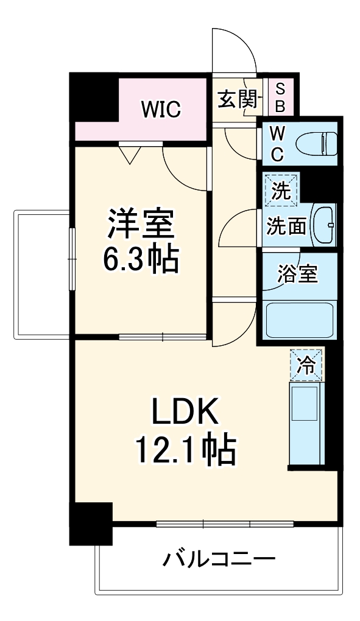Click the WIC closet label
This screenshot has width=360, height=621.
tap(161, 110)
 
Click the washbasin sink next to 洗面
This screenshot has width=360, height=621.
tap(323, 225)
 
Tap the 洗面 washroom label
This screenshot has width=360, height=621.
tap(286, 226)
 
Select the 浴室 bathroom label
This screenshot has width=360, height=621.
tap(298, 274)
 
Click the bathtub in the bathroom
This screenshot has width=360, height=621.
tap(300, 319)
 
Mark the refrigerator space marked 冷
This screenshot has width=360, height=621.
tap(306, 365)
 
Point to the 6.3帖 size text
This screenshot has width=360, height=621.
tap(140, 260)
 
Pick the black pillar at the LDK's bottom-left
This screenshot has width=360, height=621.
tap(91, 523)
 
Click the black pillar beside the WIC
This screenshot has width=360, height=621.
tap(93, 97)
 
